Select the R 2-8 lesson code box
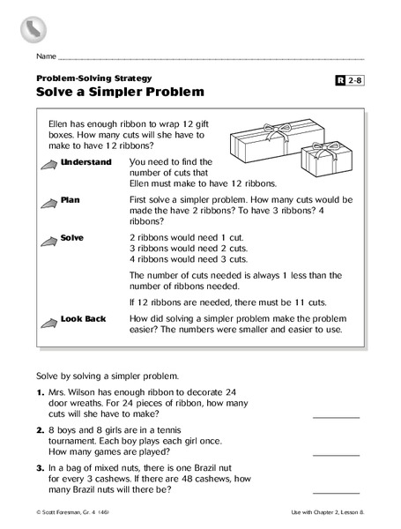(x=350, y=82)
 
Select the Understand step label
(x=87, y=163)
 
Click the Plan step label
(x=71, y=200)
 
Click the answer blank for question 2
(x=336, y=454)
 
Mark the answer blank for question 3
(x=336, y=492)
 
